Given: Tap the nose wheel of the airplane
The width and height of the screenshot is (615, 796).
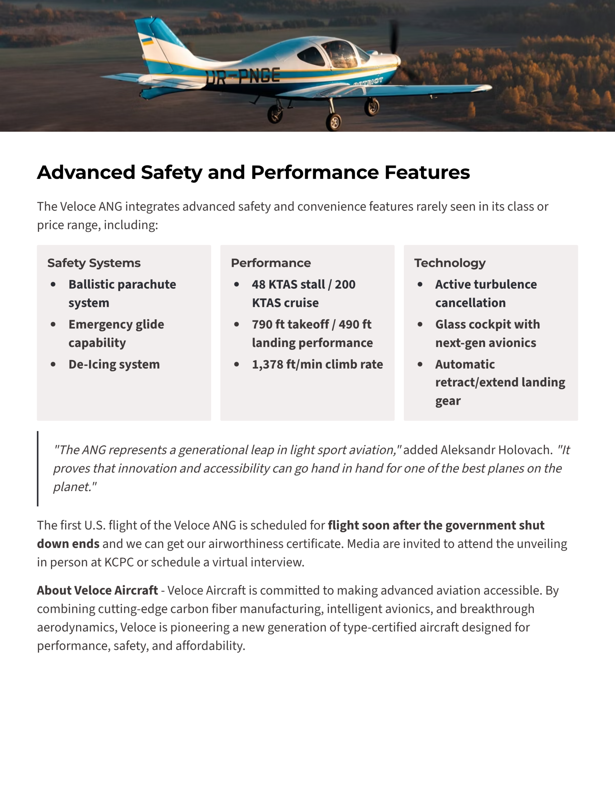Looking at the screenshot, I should pyautogui.click(x=334, y=121).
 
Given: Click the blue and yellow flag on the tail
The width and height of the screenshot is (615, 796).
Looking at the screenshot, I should pyautogui.click(x=147, y=41).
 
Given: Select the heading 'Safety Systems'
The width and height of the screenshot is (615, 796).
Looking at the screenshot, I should pyautogui.click(x=94, y=263).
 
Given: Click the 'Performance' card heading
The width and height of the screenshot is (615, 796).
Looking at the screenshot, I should pyautogui.click(x=271, y=263).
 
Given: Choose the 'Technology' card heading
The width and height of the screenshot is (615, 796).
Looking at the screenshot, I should pyautogui.click(x=450, y=263).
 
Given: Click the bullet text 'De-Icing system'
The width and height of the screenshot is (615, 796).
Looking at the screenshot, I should pyautogui.click(x=114, y=364).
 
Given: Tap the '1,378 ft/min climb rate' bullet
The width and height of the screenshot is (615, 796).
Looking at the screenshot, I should pyautogui.click(x=317, y=364).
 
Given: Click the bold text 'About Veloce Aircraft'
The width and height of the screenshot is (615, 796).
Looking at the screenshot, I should pyautogui.click(x=97, y=590).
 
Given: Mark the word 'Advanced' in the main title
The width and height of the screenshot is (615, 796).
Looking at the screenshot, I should pyautogui.click(x=86, y=172).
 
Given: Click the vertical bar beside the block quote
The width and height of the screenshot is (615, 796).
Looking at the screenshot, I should pyautogui.click(x=38, y=468).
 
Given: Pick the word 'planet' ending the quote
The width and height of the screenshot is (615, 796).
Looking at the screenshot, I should pyautogui.click(x=72, y=487).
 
